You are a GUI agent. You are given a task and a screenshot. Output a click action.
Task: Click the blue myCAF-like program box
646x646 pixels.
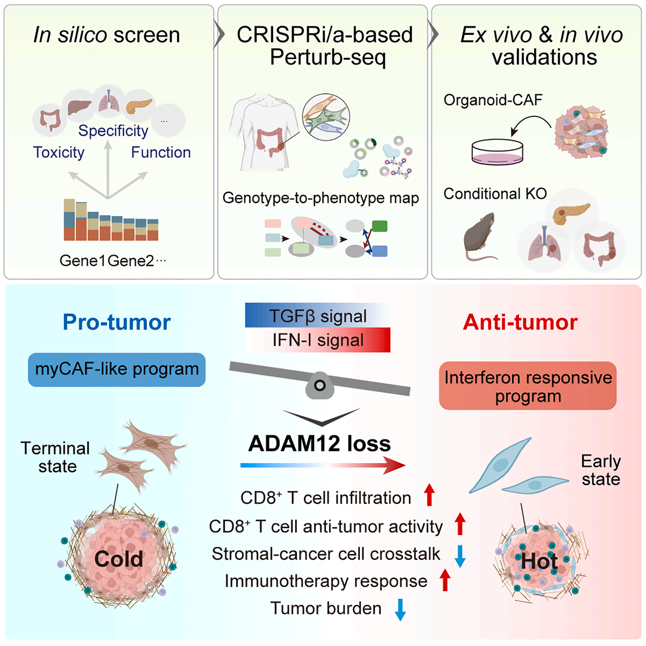point(117,370)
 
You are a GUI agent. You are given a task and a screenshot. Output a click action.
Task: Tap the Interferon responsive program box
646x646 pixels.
point(528,386)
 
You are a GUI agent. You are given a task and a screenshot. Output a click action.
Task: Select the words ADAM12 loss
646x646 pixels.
point(319,444)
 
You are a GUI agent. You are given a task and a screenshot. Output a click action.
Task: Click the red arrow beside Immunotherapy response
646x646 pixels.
point(445,580)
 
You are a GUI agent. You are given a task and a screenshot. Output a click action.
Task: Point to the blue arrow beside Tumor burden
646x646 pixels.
point(400,609)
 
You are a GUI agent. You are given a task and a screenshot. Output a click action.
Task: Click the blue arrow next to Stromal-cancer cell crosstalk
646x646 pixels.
point(460,555)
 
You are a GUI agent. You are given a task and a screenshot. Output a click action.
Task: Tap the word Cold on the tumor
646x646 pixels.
point(118,559)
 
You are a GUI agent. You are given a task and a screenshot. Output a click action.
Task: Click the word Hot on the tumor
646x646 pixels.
point(539,561)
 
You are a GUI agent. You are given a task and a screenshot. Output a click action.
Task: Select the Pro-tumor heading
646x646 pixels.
point(117,322)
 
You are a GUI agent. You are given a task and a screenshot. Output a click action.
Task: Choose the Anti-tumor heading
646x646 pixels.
point(520,322)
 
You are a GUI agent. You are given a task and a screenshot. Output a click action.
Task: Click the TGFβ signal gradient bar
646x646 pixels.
point(318,316)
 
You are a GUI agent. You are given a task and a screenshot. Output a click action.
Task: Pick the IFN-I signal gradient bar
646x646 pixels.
point(318,340)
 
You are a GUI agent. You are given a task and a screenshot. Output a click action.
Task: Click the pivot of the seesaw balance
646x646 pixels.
point(319,385)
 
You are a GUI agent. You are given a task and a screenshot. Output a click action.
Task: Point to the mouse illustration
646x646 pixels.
point(480,237)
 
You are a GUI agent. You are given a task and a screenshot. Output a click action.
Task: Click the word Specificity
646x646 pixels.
point(113,130)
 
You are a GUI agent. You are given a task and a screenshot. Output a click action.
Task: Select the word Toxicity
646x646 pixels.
point(59,153)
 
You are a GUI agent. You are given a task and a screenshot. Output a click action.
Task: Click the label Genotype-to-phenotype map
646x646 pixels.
point(320,198)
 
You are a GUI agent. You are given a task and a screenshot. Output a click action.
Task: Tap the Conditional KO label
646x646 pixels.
point(495,194)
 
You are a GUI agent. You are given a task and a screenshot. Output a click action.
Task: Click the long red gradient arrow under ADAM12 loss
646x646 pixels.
point(323,465)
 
